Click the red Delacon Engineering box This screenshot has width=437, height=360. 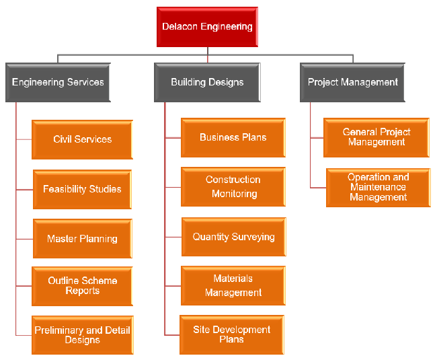point(207,27)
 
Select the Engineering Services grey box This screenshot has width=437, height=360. point(58,82)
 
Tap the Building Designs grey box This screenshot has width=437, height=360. point(207,82)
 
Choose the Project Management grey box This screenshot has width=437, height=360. point(353,82)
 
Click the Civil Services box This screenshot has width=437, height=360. point(83,139)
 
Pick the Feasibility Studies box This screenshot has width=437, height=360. point(82,189)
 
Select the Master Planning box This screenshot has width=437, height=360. point(82,238)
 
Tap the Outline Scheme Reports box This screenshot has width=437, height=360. point(82,286)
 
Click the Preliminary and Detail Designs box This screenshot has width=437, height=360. point(82,335)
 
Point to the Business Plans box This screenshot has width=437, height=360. point(233,137)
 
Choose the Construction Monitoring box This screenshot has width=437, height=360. point(233,186)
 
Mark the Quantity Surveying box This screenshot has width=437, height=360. point(233,237)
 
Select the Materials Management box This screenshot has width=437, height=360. point(233,285)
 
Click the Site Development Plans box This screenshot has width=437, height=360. point(232,334)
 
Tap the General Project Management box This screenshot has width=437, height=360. point(376,137)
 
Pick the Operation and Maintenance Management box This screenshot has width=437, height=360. point(378,187)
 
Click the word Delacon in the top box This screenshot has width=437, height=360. point(181,27)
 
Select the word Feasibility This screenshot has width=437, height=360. point(66,189)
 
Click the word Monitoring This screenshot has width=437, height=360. point(234,194)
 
